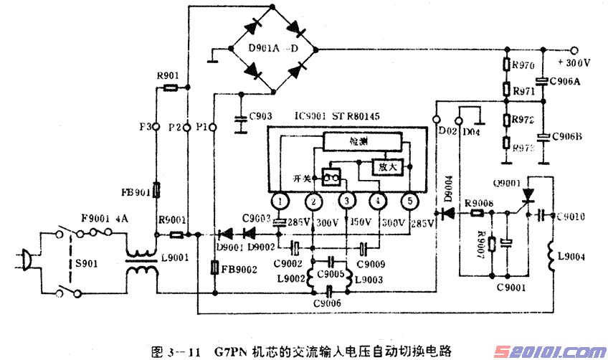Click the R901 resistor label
click(168, 75)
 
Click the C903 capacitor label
click(259, 116)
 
